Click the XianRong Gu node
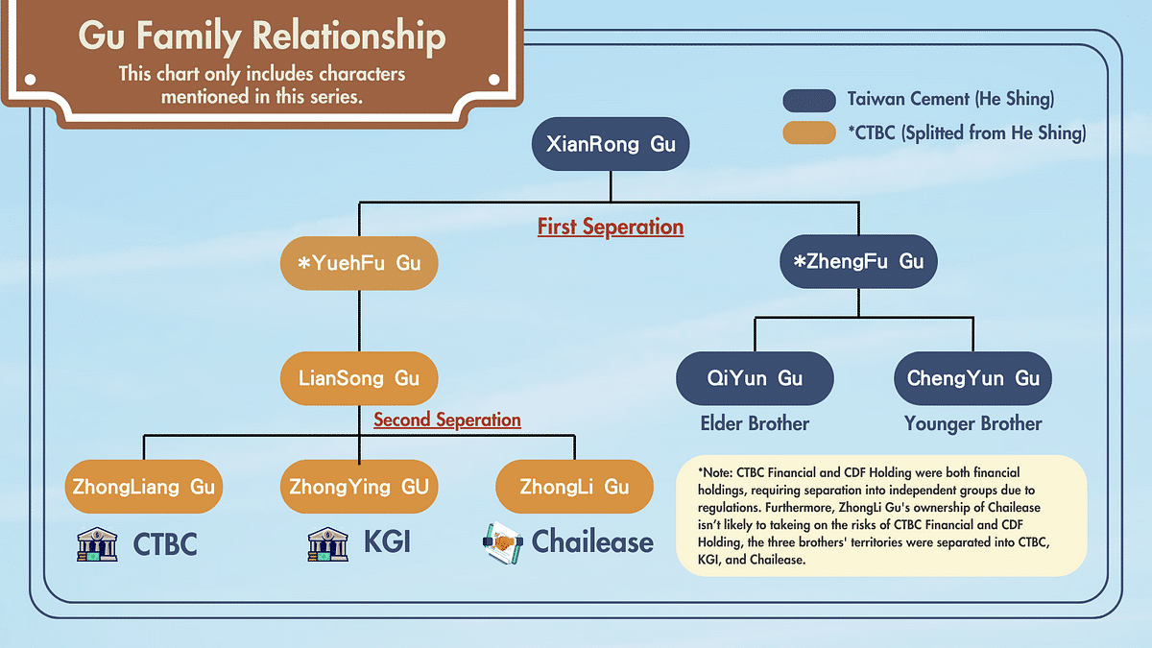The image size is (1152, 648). tap(611, 145)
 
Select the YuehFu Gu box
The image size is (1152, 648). tap(359, 261)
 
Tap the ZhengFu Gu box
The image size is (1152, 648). tap(858, 261)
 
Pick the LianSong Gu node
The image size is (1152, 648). tap(359, 377)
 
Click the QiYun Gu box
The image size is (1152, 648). tap(755, 377)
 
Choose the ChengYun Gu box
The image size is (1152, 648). tap(972, 377)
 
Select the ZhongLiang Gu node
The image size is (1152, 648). tap(144, 487)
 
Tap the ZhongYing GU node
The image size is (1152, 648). tap(359, 487)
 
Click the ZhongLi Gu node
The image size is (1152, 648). tap(574, 487)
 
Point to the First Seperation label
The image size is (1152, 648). tap(611, 228)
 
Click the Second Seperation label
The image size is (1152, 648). tap(447, 420)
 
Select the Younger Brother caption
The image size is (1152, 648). tap(972, 423)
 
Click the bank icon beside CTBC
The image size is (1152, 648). tap(97, 544)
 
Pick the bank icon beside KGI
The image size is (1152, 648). tap(327, 544)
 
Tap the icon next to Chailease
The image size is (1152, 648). tap(501, 542)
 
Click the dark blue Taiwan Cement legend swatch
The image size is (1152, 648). tap(809, 100)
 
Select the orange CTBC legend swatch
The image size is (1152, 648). tap(809, 133)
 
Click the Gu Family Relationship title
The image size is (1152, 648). tap(261, 37)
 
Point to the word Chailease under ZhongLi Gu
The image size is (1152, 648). tap(592, 542)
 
